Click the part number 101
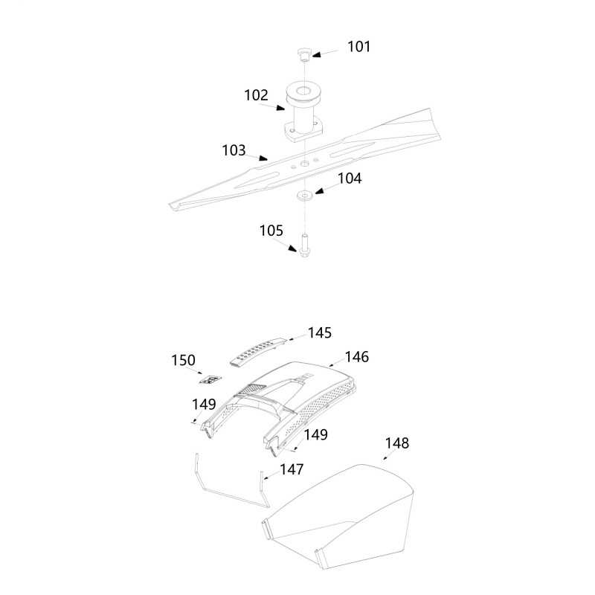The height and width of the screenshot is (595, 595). (358, 47)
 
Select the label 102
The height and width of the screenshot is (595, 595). (256, 95)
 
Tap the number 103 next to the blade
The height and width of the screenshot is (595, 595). (234, 150)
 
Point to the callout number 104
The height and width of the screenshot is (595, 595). (350, 178)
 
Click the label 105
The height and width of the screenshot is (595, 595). (271, 231)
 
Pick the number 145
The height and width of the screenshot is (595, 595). (320, 332)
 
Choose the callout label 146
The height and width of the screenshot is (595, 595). (357, 357)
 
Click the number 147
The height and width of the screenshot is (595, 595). (292, 469)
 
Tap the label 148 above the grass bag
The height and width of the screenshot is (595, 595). (397, 443)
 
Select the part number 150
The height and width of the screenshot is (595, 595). (183, 360)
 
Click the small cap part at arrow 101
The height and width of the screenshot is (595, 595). (303, 54)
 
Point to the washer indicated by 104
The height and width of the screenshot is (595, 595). (304, 195)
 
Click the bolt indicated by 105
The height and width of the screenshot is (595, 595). (304, 245)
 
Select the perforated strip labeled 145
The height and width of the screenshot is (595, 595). (257, 351)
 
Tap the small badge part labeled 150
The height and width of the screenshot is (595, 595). (210, 380)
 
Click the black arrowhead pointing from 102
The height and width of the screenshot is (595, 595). (280, 108)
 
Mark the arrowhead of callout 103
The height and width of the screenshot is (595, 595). (263, 158)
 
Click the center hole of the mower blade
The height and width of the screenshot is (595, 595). (304, 163)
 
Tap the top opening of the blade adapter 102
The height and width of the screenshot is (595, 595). (303, 91)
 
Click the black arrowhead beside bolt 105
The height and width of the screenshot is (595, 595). (292, 248)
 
